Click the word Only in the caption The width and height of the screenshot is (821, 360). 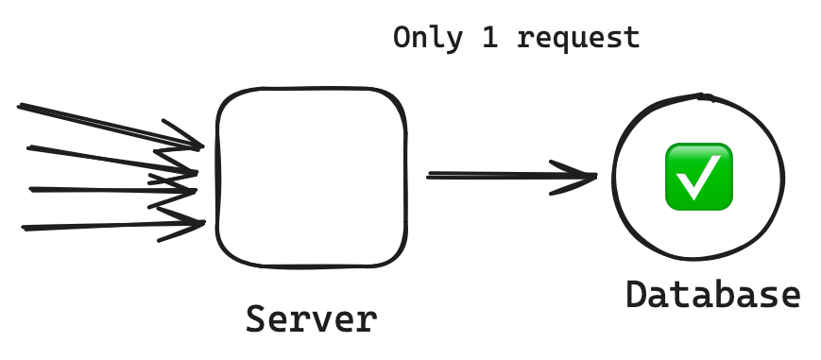(x=428, y=38)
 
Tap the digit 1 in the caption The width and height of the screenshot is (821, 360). (x=490, y=38)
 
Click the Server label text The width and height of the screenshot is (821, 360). (x=312, y=319)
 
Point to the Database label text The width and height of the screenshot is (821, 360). (x=713, y=295)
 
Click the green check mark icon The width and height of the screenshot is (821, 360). (x=698, y=177)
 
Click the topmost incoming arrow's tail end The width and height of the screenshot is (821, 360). (x=20, y=107)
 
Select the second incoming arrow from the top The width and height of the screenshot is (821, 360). (x=112, y=160)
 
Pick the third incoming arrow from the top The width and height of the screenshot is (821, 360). (x=112, y=190)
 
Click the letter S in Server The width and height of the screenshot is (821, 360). (x=255, y=319)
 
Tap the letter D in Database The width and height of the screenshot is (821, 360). (x=636, y=295)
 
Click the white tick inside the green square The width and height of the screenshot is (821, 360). (x=698, y=179)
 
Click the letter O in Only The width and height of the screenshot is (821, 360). (x=402, y=38)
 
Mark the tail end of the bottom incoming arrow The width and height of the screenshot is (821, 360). (x=24, y=228)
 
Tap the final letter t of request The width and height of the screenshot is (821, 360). (x=631, y=38)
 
